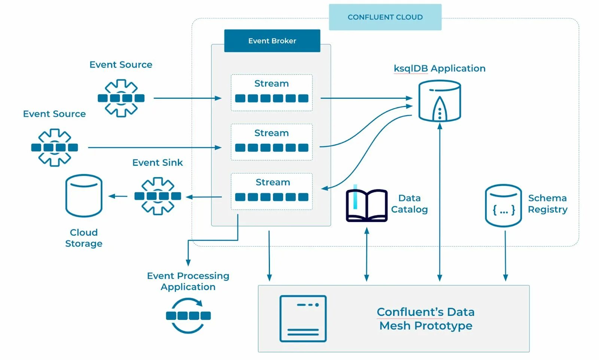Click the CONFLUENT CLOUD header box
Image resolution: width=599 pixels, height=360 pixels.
(x=385, y=17)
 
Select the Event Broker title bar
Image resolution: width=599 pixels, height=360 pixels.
(x=272, y=41)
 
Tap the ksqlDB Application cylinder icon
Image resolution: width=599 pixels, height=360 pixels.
(x=440, y=101)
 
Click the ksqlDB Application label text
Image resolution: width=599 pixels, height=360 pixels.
(x=440, y=68)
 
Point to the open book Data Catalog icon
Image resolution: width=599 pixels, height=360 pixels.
(x=367, y=205)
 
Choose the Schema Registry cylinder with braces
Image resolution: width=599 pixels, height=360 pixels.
(x=503, y=206)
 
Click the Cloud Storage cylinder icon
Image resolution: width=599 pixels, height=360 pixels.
(x=84, y=196)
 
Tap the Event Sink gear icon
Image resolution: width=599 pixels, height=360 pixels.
(x=158, y=196)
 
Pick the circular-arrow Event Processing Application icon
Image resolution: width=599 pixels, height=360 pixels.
(x=188, y=315)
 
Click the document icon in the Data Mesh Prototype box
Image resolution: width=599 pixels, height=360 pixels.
(x=303, y=318)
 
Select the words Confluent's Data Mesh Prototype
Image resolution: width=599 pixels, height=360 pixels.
(x=426, y=319)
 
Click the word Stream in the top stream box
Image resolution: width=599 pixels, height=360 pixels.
(x=271, y=83)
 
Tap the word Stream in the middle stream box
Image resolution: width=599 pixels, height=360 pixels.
(x=271, y=133)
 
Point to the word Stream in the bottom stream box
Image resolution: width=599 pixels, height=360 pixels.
(x=273, y=182)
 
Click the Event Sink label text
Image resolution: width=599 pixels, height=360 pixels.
(x=158, y=162)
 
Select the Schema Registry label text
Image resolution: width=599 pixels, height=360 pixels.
(x=547, y=204)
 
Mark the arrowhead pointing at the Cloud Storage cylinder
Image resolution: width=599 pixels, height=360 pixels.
(x=111, y=196)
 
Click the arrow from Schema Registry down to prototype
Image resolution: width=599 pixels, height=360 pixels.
(x=505, y=256)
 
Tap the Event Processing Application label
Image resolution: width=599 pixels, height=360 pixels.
(x=188, y=281)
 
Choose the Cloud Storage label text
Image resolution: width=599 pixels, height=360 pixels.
(x=84, y=238)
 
